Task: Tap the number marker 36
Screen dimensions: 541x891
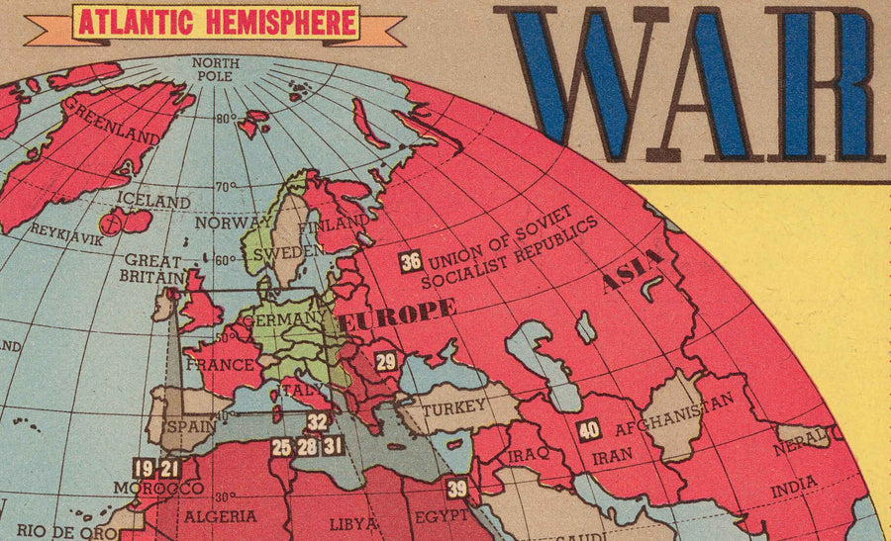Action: pyautogui.click(x=410, y=262)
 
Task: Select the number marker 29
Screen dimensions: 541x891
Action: pyautogui.click(x=386, y=362)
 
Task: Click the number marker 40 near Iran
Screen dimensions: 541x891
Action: pyautogui.click(x=589, y=431)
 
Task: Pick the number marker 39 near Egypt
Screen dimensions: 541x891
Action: pyautogui.click(x=456, y=488)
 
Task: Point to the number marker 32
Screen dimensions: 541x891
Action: pyautogui.click(x=317, y=422)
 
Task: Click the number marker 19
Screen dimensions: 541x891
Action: pyautogui.click(x=145, y=469)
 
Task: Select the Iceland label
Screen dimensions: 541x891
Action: pyautogui.click(x=153, y=201)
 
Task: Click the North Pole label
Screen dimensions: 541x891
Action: pyautogui.click(x=214, y=67)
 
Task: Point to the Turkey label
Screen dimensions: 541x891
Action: pyautogui.click(x=454, y=406)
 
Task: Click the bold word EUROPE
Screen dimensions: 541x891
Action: pyautogui.click(x=397, y=315)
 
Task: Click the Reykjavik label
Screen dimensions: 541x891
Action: pyautogui.click(x=67, y=232)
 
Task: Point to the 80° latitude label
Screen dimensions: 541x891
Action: pyautogui.click(x=226, y=118)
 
